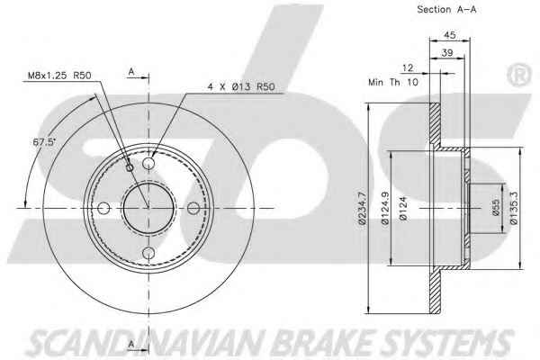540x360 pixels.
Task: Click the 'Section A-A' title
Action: [446, 9]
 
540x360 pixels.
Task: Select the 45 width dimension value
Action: [449, 35]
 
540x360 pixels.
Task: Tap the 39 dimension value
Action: [447, 53]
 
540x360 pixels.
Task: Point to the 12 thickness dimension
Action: [408, 67]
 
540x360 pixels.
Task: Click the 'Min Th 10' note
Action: [393, 82]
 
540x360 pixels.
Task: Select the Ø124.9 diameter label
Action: [385, 208]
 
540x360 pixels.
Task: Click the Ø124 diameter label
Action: [403, 208]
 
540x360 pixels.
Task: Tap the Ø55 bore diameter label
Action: [496, 207]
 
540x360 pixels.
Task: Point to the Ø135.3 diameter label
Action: [514, 208]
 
